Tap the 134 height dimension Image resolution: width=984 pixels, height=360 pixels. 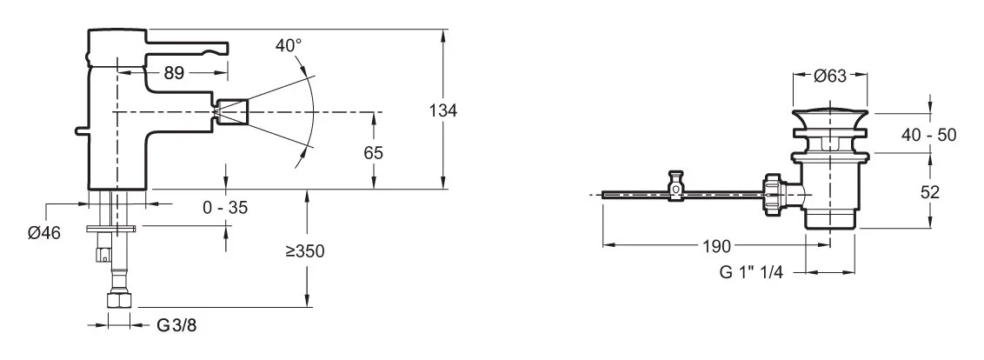tap(443, 110)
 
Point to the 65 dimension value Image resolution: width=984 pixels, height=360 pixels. tap(374, 151)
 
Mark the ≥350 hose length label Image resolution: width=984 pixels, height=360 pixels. tap(306, 252)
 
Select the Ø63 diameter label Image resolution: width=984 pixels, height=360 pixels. tap(831, 77)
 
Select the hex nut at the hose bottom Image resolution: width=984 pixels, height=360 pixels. tap(115, 301)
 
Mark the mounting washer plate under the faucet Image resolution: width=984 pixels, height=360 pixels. tap(110, 229)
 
